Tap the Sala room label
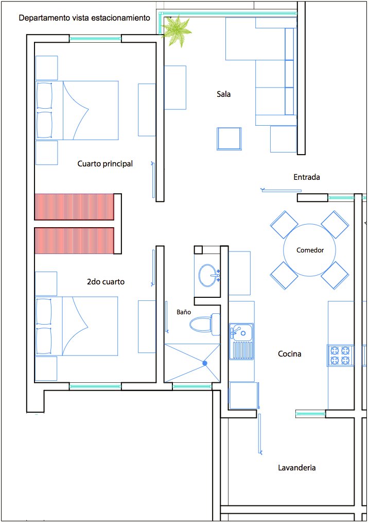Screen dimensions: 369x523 tap(223, 94)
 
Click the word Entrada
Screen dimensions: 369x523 tap(307, 177)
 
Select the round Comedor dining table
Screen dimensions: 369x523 tap(310, 250)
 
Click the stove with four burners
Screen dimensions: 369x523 tap(340, 356)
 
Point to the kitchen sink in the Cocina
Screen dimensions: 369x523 tap(241, 342)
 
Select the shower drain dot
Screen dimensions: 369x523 tap(205, 363)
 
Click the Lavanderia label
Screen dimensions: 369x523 tap(297, 468)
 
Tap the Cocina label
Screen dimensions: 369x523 tap(289, 354)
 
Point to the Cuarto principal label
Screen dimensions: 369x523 tap(105, 164)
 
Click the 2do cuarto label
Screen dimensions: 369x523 tap(106, 282)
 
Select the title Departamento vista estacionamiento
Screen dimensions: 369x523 tap(84, 18)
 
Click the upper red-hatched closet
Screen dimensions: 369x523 tap(74, 207)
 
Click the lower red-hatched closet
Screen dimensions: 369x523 tap(74, 241)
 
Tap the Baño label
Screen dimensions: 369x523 tap(184, 312)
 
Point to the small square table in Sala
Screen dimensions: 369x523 tap(229, 139)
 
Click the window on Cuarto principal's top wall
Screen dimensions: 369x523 tap(95, 39)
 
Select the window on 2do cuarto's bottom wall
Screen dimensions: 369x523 tap(95, 386)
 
